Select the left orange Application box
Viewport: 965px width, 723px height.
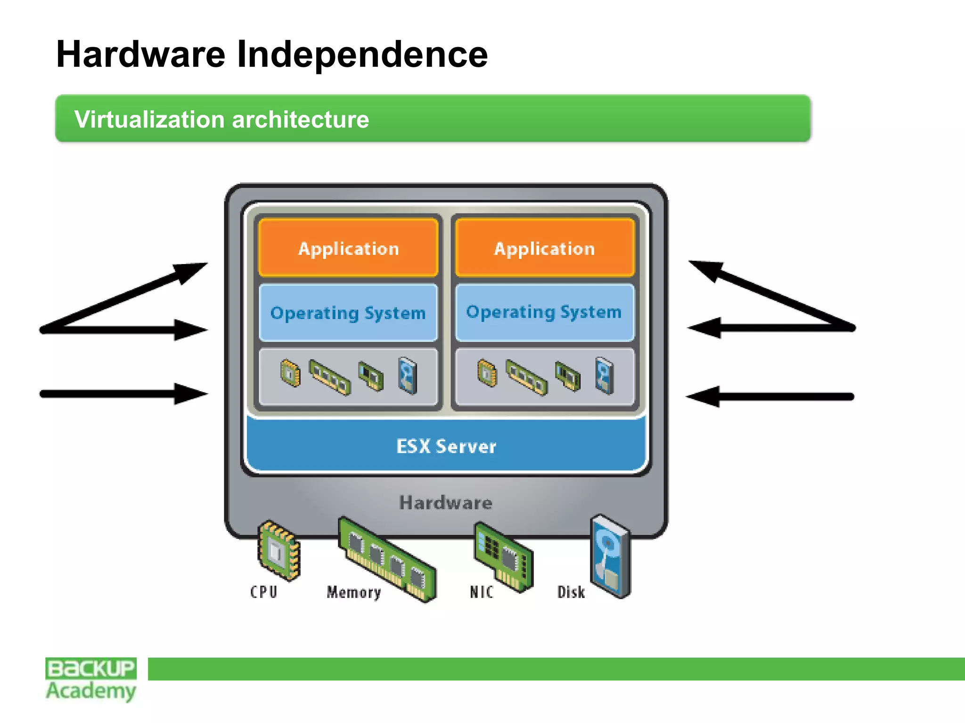coord(348,248)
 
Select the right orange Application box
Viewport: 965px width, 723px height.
coord(545,248)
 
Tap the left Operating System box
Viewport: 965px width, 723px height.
coord(348,313)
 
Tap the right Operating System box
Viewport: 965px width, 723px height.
coord(545,312)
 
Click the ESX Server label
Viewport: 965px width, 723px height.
coord(446,446)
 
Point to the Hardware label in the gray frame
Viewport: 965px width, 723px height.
coord(446,503)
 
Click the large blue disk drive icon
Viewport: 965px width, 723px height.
coord(611,555)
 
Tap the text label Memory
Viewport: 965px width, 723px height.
coord(353,592)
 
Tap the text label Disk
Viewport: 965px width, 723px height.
coord(571,592)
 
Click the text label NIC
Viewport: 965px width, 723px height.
coord(482,592)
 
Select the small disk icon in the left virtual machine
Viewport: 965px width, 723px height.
coord(408,376)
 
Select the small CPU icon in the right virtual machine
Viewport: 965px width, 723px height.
coord(487,373)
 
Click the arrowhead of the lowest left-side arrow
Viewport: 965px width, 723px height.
coord(191,394)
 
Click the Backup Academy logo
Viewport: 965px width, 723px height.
coord(91,679)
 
